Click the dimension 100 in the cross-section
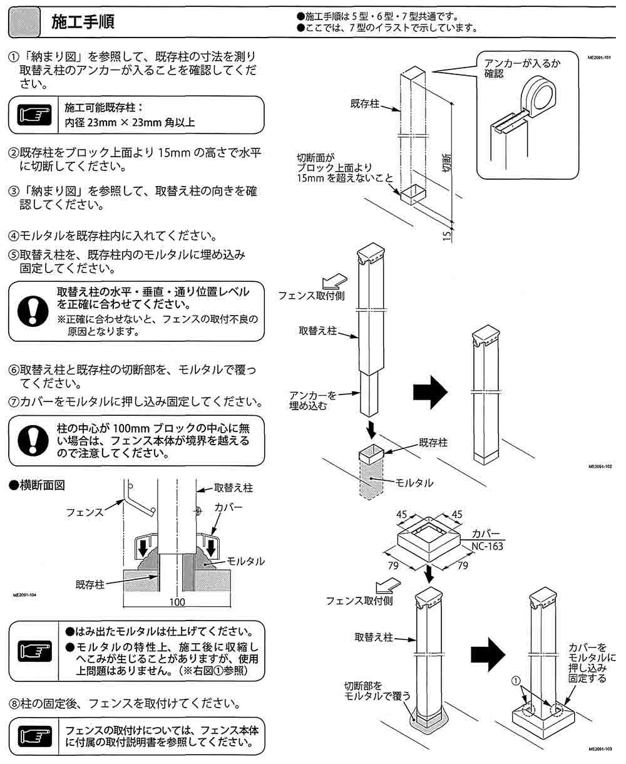coord(177,602)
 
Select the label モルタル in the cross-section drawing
coord(245,560)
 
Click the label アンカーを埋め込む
coord(314,400)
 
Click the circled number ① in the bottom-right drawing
coord(515,679)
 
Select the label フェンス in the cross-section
coord(85,512)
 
